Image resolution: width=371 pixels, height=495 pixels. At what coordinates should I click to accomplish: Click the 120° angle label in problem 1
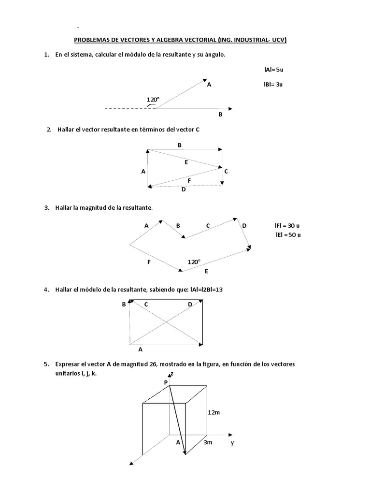153,100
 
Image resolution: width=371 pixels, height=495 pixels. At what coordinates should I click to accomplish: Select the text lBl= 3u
273,84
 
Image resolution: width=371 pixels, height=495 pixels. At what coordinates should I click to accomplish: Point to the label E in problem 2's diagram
186,163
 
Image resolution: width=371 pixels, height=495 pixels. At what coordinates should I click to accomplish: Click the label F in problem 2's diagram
189,180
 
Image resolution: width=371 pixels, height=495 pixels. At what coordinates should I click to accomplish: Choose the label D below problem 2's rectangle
184,189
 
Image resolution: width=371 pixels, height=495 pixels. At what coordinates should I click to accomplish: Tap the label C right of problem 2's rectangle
226,171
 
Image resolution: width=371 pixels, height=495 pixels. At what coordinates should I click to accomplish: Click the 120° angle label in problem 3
194,262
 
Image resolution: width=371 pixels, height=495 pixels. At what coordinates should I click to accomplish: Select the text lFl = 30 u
287,226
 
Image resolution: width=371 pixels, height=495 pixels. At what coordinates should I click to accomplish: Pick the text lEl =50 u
288,235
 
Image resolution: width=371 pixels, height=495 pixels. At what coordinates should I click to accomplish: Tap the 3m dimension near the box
207,442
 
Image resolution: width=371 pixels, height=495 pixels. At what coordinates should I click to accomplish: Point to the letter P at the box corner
165,382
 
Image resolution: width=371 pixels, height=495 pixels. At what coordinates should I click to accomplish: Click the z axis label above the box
171,374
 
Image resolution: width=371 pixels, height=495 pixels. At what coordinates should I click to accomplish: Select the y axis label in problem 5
232,442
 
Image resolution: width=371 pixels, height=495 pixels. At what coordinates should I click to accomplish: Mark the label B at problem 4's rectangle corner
124,304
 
